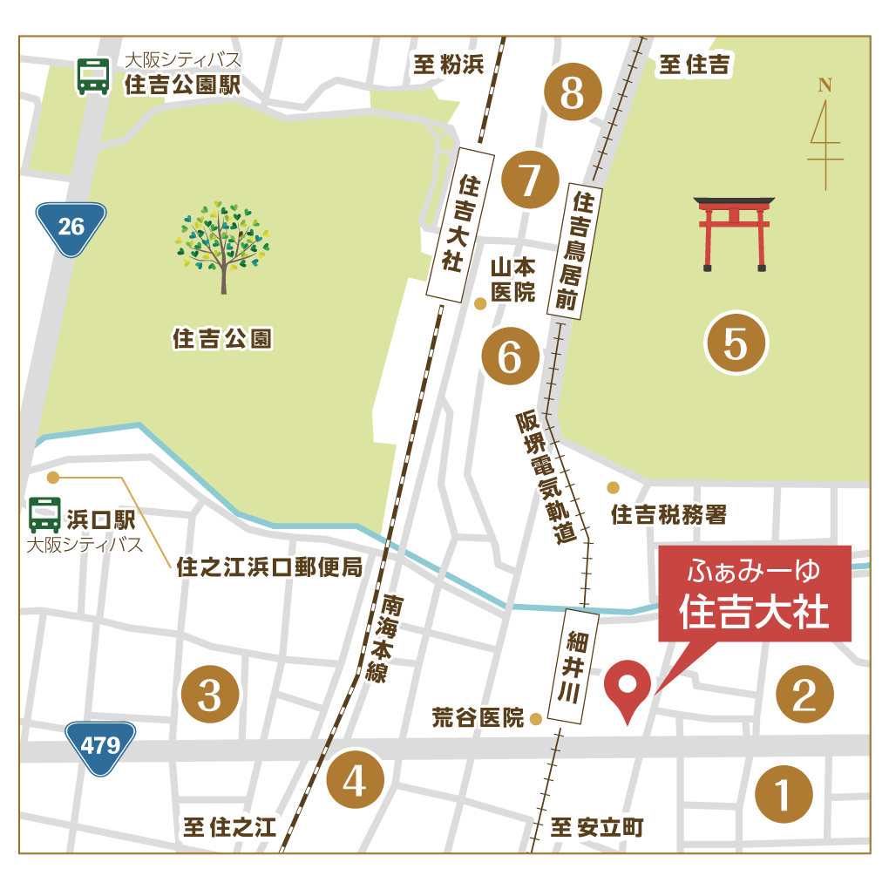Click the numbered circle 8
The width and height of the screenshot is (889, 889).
tap(573, 92)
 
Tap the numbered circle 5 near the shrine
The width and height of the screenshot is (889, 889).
tap(736, 343)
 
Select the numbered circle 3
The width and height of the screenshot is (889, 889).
tap(209, 695)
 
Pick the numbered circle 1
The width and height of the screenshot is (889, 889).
tap(783, 794)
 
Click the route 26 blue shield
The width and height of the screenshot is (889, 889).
tap(71, 228)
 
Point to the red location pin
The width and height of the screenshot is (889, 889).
tap(628, 689)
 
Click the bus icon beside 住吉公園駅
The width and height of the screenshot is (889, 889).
tap(93, 77)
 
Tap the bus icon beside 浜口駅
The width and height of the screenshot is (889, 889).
tap(44, 515)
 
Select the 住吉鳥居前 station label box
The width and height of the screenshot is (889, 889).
tap(574, 251)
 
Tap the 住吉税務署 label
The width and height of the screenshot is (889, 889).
tap(668, 514)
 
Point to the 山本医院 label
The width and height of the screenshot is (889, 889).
tap(512, 279)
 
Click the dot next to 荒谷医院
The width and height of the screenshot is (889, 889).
tap(536, 719)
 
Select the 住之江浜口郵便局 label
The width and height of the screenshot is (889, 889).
tap(268, 568)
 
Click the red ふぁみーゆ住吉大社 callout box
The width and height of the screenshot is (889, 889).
tap(754, 593)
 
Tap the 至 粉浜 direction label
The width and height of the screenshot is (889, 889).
tap(448, 64)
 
